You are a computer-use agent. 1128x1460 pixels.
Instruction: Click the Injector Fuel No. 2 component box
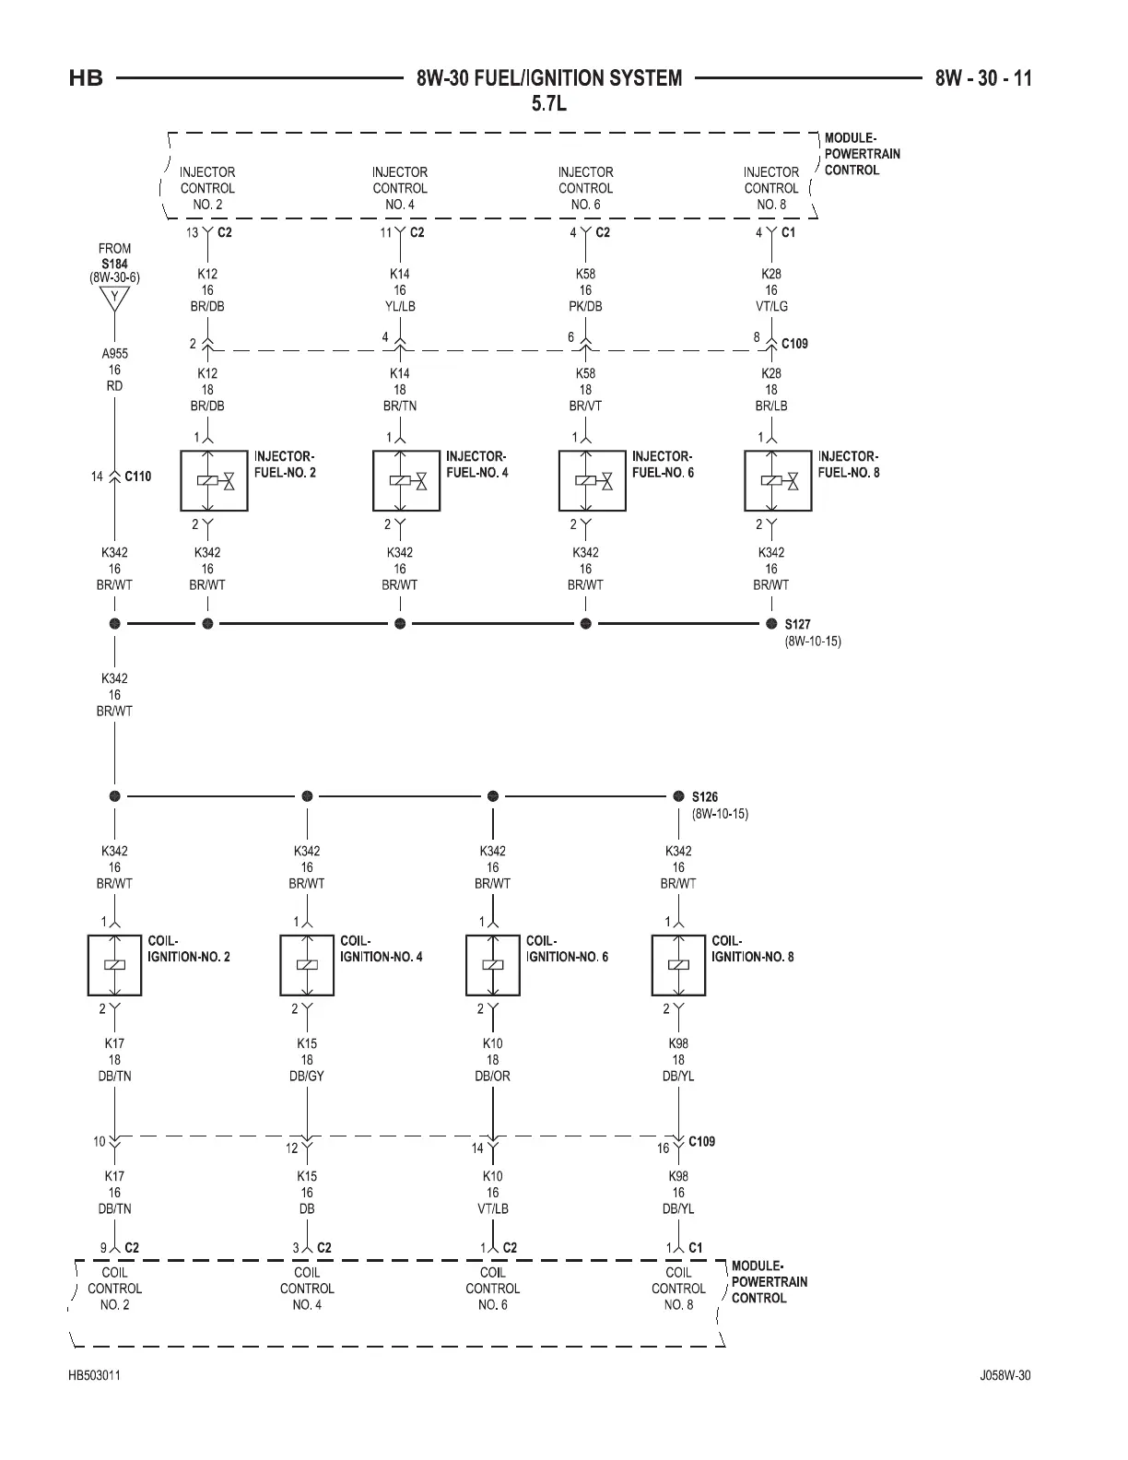pyautogui.click(x=214, y=480)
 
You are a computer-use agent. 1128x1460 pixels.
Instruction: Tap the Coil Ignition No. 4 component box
pyautogui.click(x=307, y=965)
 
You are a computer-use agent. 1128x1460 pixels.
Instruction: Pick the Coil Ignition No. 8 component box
pyautogui.click(x=678, y=965)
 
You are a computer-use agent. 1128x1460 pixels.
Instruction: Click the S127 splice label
pyautogui.click(x=797, y=624)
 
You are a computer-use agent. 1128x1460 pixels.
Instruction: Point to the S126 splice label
pyautogui.click(x=705, y=797)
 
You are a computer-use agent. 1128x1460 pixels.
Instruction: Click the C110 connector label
pyautogui.click(x=138, y=477)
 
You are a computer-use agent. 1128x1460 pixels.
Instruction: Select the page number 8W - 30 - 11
pyautogui.click(x=983, y=78)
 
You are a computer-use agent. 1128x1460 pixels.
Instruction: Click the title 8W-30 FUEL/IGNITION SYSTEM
pyautogui.click(x=549, y=78)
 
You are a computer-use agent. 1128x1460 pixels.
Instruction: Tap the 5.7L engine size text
pyautogui.click(x=549, y=103)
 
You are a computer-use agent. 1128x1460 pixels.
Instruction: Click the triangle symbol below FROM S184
pyautogui.click(x=114, y=298)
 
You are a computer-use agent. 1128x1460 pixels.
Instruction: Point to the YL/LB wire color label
pyautogui.click(x=399, y=306)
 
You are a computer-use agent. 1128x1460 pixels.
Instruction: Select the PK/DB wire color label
pyautogui.click(x=585, y=306)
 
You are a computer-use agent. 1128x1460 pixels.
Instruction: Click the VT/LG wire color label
pyautogui.click(x=771, y=306)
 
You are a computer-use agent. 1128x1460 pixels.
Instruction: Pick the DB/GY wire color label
pyautogui.click(x=307, y=1076)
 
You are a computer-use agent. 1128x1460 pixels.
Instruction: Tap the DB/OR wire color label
pyautogui.click(x=492, y=1076)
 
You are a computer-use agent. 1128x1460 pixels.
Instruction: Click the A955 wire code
pyautogui.click(x=114, y=353)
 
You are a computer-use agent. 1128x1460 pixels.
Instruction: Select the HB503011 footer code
pyautogui.click(x=94, y=1376)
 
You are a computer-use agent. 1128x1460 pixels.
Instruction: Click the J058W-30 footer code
pyautogui.click(x=1005, y=1376)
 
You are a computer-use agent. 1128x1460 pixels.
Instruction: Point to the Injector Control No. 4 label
pyautogui.click(x=399, y=188)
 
